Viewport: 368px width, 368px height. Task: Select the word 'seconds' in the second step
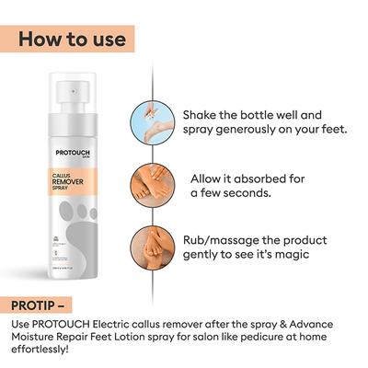243,193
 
